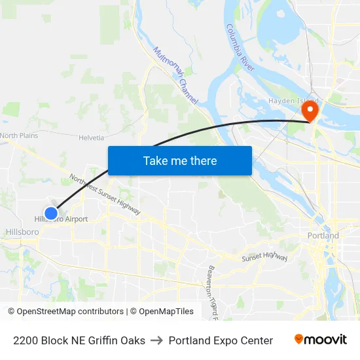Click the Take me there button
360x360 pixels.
180,160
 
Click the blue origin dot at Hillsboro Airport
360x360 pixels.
50,212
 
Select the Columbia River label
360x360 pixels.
240,48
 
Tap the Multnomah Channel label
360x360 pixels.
175,77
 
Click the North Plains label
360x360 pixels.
20,135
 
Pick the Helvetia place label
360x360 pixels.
91,137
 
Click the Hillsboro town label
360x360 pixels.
22,232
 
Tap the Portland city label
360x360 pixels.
323,236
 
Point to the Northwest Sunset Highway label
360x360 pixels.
105,195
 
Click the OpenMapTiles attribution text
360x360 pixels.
166,312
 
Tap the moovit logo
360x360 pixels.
321,340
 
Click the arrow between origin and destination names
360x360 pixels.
157,340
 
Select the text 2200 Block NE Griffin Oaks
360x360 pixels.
79,340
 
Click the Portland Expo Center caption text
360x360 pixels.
221,340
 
